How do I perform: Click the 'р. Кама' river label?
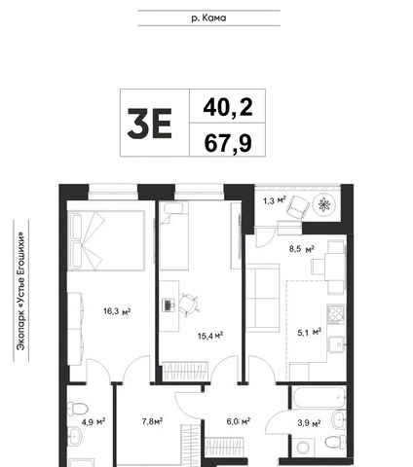point(208,18)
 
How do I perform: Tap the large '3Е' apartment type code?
point(150,124)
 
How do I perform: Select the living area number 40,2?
point(228,108)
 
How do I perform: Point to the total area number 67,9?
point(228,143)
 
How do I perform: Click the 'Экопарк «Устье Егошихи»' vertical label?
point(21,291)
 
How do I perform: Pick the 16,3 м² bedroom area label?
point(117,311)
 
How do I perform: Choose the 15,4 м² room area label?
point(210,336)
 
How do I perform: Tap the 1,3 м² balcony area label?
point(275,200)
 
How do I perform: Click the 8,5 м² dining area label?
point(302,249)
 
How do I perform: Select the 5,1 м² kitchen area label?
point(310,332)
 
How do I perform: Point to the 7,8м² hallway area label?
point(152,421)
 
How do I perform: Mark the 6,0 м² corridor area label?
point(239,421)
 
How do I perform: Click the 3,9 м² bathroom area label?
point(309,423)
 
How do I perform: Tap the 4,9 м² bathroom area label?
point(94,422)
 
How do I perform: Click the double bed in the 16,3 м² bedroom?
point(106,240)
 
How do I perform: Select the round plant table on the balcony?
point(323,204)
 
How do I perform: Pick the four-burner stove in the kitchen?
point(336,314)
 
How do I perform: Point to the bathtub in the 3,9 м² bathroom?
point(319,397)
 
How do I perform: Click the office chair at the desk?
point(188,305)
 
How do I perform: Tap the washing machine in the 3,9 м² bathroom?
point(303,448)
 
